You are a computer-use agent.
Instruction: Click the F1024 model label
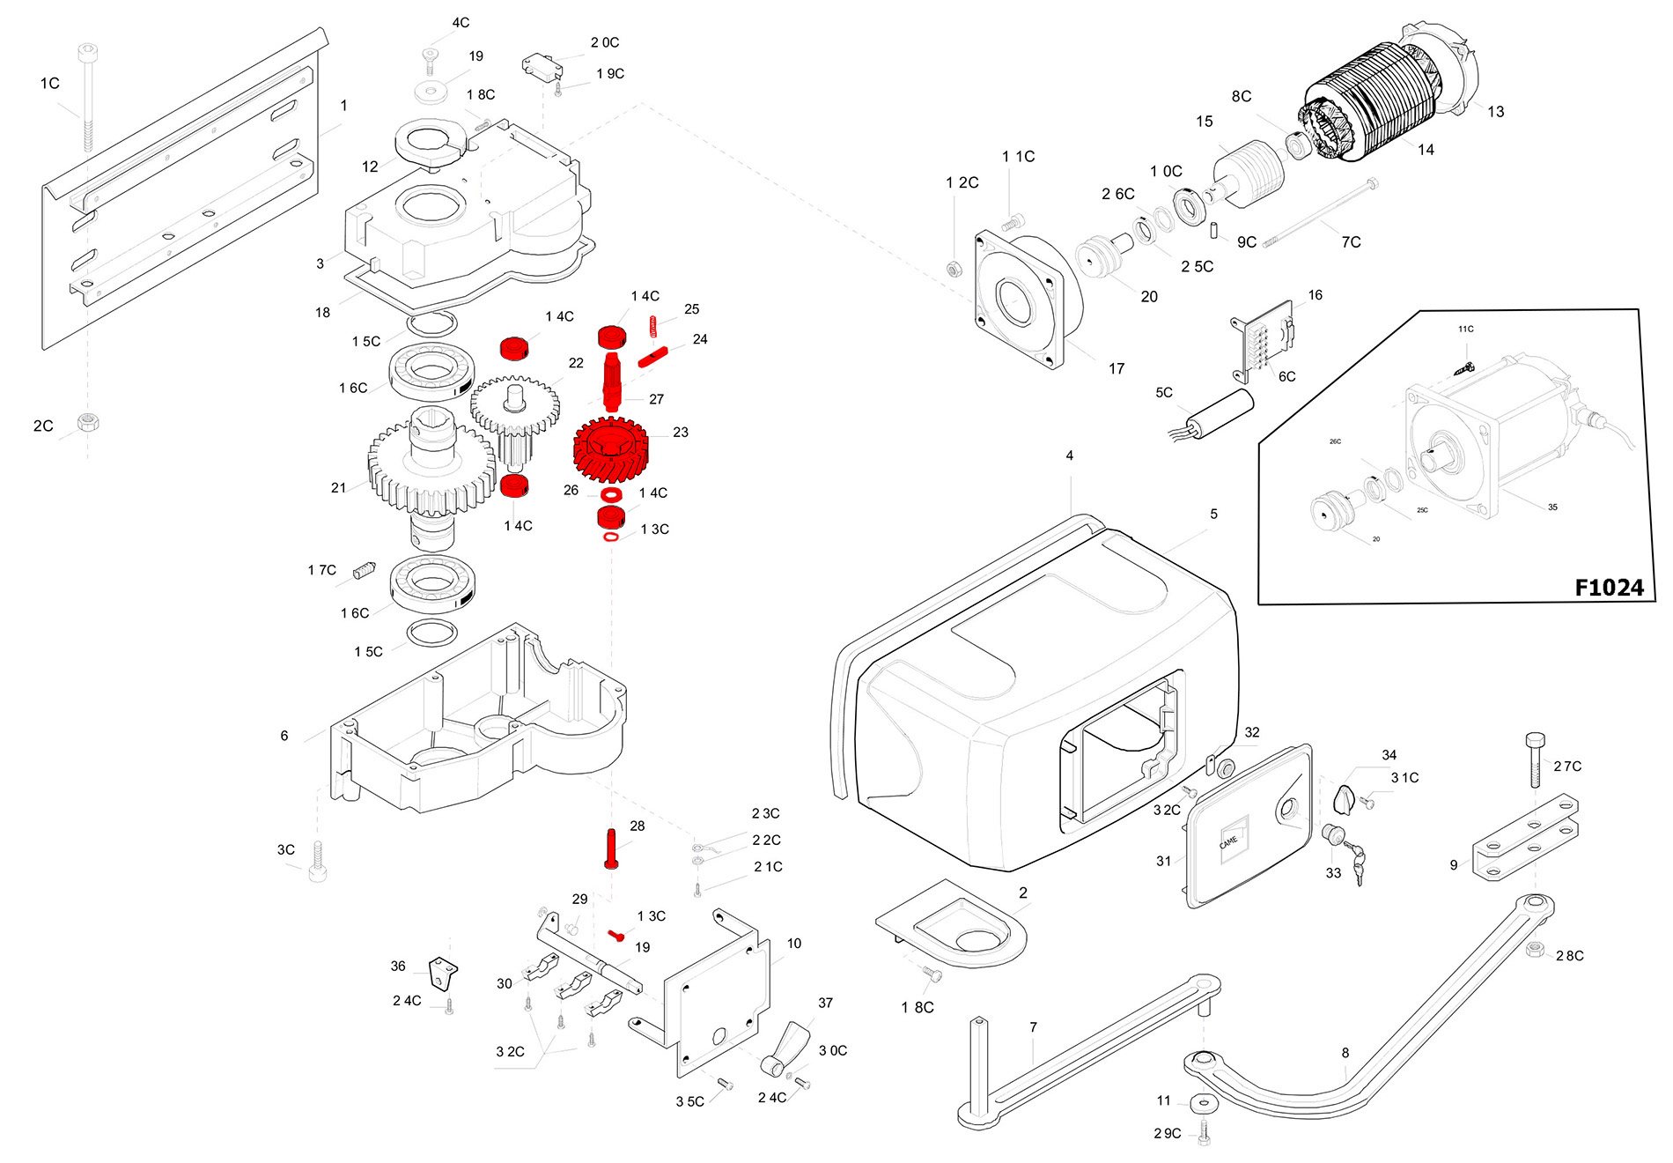click(x=1609, y=588)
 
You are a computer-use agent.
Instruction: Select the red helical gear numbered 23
click(x=610, y=450)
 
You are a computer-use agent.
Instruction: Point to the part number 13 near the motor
click(x=1495, y=112)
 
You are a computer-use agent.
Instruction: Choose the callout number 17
click(x=1117, y=368)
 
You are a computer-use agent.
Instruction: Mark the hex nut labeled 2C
click(x=87, y=422)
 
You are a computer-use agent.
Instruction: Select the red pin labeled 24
click(x=653, y=356)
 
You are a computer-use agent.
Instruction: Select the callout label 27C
click(x=1567, y=767)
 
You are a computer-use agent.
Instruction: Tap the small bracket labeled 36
click(x=442, y=974)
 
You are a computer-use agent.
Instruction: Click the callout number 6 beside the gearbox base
click(x=284, y=736)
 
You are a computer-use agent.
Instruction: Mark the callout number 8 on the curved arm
click(x=1345, y=1053)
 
